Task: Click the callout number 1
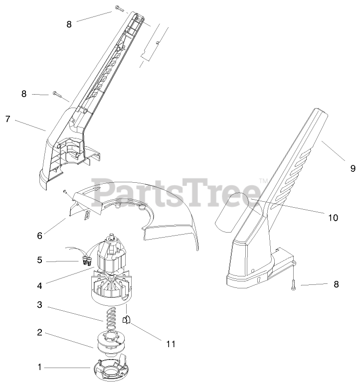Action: point(40,368)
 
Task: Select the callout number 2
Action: point(40,332)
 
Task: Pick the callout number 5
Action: point(40,260)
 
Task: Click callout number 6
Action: point(40,233)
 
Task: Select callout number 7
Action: point(7,119)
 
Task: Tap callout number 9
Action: point(353,168)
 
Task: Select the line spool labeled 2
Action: point(108,340)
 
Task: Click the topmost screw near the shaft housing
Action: point(119,8)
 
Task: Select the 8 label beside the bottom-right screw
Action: point(336,284)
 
